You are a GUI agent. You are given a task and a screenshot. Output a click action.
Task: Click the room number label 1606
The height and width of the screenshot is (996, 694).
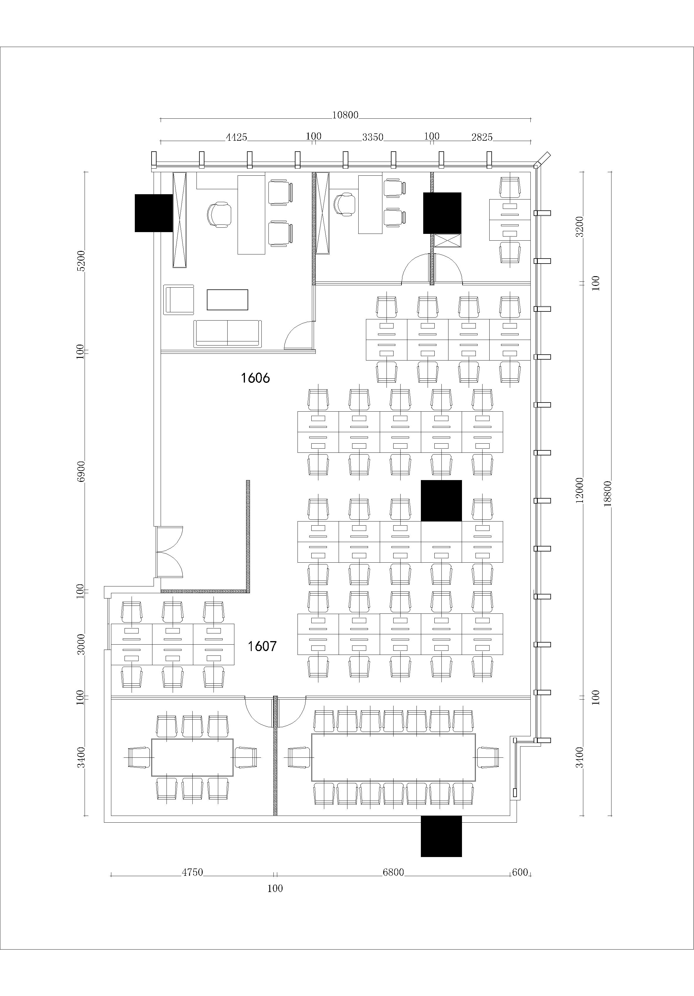[256, 378]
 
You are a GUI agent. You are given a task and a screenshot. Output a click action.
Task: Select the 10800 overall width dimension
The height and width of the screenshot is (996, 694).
[345, 115]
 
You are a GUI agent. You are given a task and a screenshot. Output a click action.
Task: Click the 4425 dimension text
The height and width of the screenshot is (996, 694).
[236, 138]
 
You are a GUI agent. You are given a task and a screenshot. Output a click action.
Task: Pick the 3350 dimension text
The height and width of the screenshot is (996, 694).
[373, 138]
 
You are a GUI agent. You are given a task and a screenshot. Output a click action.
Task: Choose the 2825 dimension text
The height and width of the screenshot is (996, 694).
[482, 138]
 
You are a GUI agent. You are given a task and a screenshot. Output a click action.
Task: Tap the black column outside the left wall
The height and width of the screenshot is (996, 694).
[154, 213]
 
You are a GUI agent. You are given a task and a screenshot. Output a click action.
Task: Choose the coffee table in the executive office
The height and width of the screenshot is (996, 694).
[227, 300]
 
